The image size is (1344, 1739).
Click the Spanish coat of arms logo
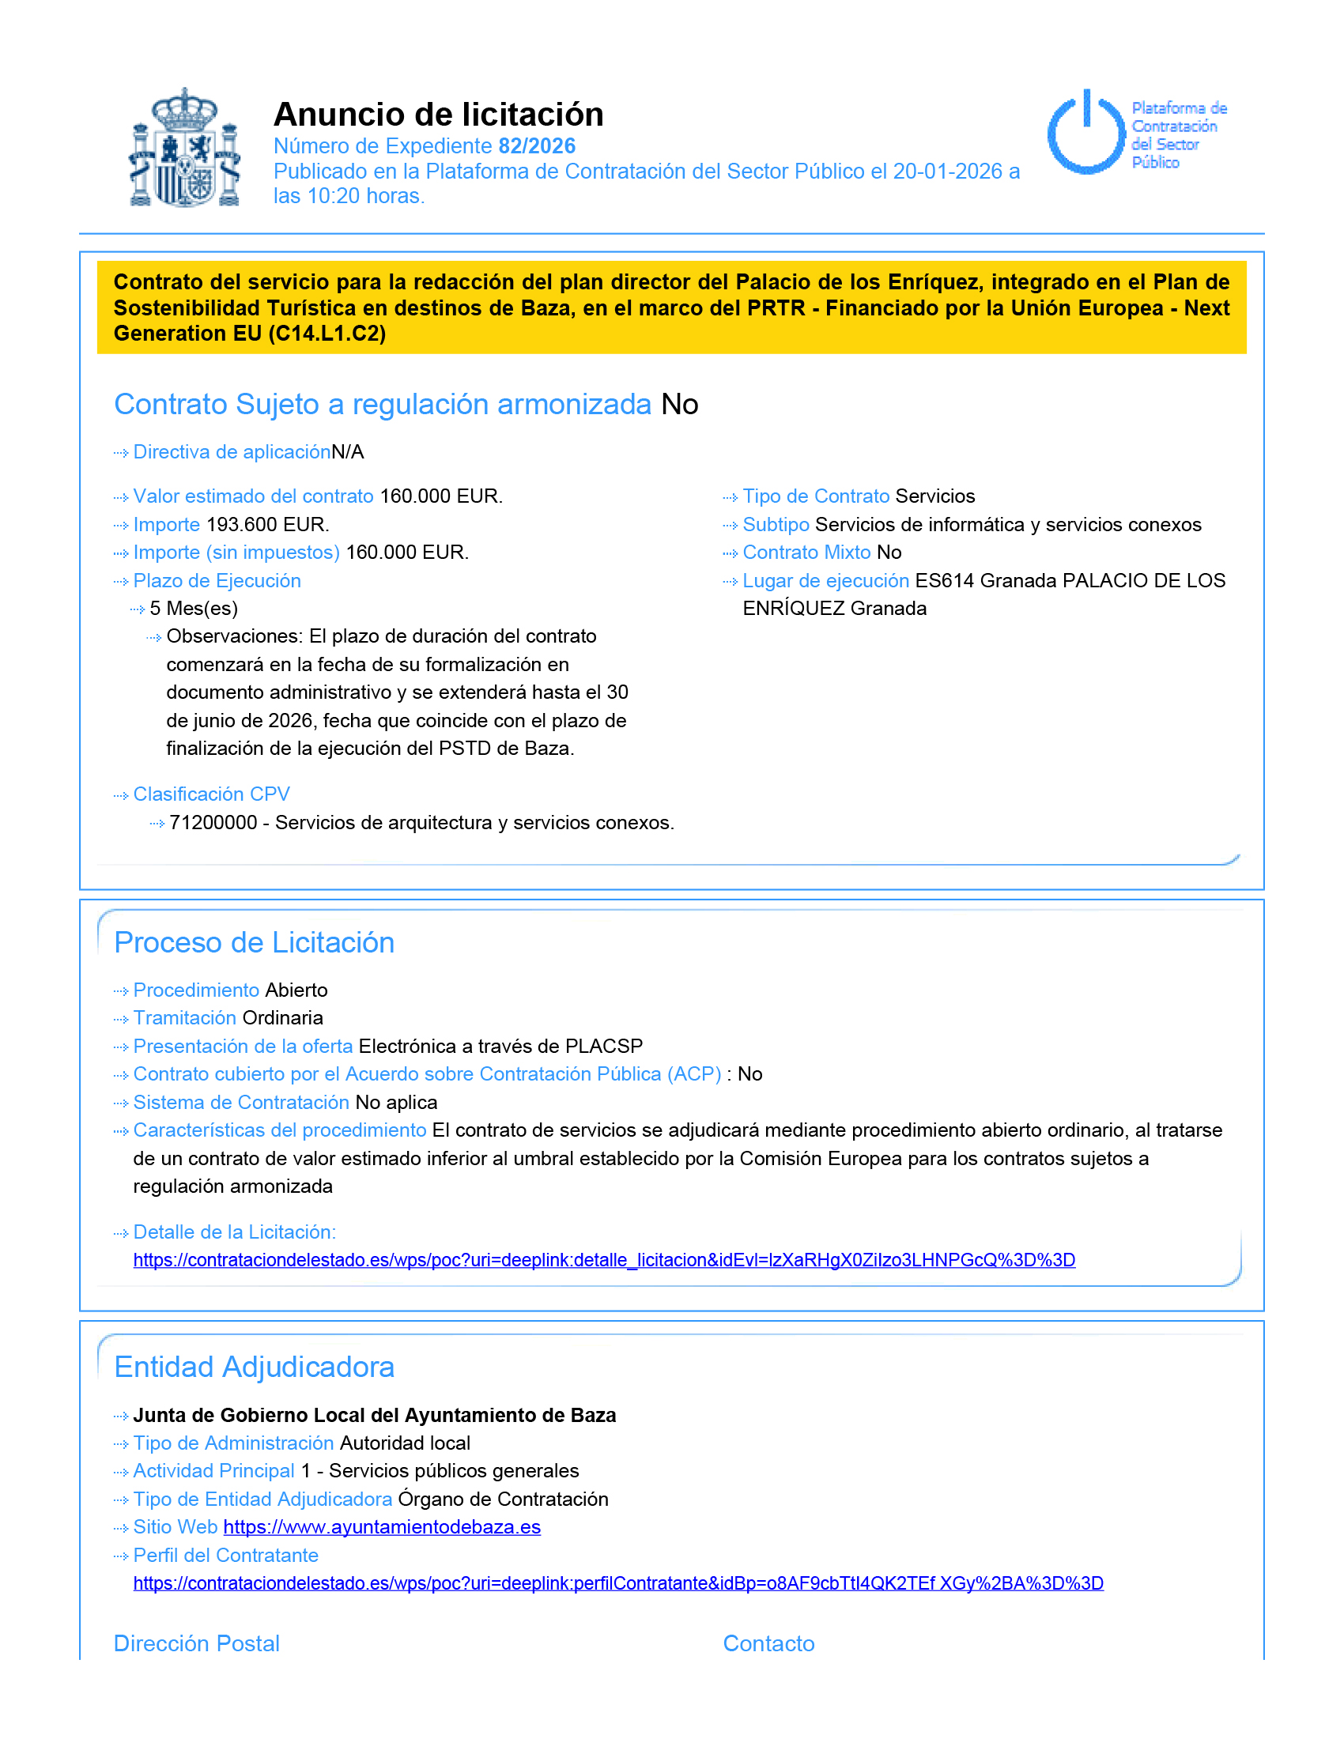click(x=185, y=149)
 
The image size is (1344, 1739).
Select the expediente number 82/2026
click(x=537, y=146)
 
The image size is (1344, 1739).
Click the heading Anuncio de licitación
click(x=438, y=115)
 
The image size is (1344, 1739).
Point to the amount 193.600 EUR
click(x=267, y=525)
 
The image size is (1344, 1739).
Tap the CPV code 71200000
click(x=213, y=823)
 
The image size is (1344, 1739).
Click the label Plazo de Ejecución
click(x=217, y=581)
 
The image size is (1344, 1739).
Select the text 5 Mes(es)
click(x=194, y=609)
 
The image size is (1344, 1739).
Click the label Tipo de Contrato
click(x=815, y=497)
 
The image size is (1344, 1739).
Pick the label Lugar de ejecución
click(x=825, y=581)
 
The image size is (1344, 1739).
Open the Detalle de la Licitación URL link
click(x=603, y=1261)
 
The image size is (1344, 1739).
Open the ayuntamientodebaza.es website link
click(x=381, y=1527)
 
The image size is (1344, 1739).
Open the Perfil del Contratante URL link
click(x=618, y=1584)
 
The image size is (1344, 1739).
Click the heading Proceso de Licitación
click(x=254, y=943)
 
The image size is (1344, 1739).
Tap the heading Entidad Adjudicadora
click(x=254, y=1367)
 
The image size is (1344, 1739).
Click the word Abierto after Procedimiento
click(x=296, y=990)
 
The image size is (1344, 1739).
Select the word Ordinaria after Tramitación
click(x=283, y=1018)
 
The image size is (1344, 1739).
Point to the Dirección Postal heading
click(x=197, y=1643)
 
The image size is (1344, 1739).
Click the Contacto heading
click(x=768, y=1643)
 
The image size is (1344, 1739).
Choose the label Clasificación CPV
click(x=211, y=794)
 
